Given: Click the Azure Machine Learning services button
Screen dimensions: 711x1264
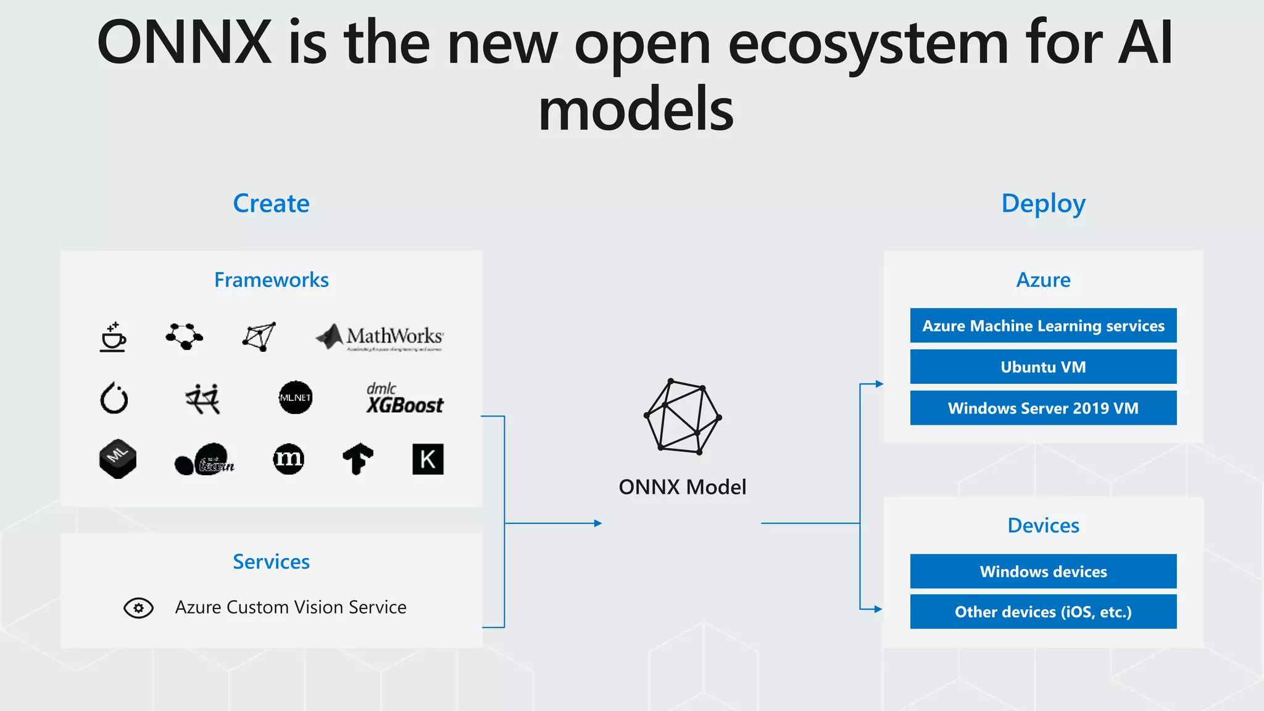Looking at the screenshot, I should (x=1043, y=325).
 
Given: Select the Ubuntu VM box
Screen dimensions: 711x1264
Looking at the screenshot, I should (x=1043, y=367).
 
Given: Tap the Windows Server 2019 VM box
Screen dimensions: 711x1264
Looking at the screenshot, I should (x=1043, y=408).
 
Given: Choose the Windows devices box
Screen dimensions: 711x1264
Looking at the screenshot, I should (x=1043, y=572).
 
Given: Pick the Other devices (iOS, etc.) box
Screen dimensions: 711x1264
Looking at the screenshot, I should (x=1043, y=612).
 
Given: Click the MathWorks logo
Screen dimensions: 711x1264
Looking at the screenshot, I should (x=380, y=337).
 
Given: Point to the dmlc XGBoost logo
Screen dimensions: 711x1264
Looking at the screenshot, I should (x=404, y=399).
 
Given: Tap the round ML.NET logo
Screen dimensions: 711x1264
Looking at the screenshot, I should (x=295, y=397).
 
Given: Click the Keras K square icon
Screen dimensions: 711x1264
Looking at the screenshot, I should (x=428, y=459).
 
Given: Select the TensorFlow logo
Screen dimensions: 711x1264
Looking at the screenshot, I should (x=358, y=459).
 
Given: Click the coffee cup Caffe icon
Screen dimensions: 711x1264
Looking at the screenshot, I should (x=113, y=337).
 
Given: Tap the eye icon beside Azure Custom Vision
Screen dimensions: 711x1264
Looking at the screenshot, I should (x=138, y=608).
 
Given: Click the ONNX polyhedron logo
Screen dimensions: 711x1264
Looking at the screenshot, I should (x=682, y=417).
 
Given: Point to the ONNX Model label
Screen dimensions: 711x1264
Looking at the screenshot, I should (x=682, y=487).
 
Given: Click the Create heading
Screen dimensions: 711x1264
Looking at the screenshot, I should (x=271, y=204).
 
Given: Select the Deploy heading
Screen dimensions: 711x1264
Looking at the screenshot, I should (x=1043, y=204).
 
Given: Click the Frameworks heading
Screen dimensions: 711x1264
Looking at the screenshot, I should (x=271, y=280).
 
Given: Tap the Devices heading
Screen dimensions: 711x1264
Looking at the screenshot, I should (x=1043, y=526).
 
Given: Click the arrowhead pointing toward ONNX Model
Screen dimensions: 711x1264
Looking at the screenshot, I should (x=597, y=523).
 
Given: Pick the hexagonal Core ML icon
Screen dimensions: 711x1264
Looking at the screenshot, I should (x=117, y=459).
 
